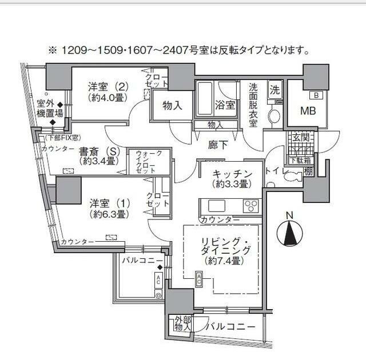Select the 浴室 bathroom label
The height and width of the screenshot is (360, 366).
click(224, 105)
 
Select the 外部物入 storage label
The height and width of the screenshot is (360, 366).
click(182, 323)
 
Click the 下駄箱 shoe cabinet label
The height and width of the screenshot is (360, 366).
click(296, 160)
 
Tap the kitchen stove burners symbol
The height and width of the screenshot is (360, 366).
click(250, 205)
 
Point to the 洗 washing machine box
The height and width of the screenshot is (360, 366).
click(274, 90)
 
